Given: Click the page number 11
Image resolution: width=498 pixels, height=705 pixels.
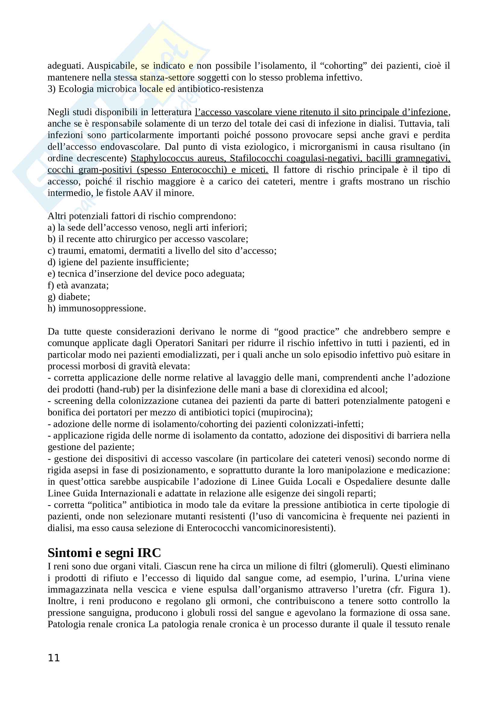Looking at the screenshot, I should point(54,658).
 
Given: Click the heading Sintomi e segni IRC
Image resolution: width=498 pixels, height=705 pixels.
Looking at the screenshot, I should point(104,553).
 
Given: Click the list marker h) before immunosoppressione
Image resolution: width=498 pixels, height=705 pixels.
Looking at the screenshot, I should point(51,308).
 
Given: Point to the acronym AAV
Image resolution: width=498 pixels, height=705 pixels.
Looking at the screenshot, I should point(144,193).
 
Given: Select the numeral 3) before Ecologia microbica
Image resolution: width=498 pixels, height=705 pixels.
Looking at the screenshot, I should point(51,89).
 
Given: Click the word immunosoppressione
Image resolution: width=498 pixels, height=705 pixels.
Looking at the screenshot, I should point(102,308).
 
